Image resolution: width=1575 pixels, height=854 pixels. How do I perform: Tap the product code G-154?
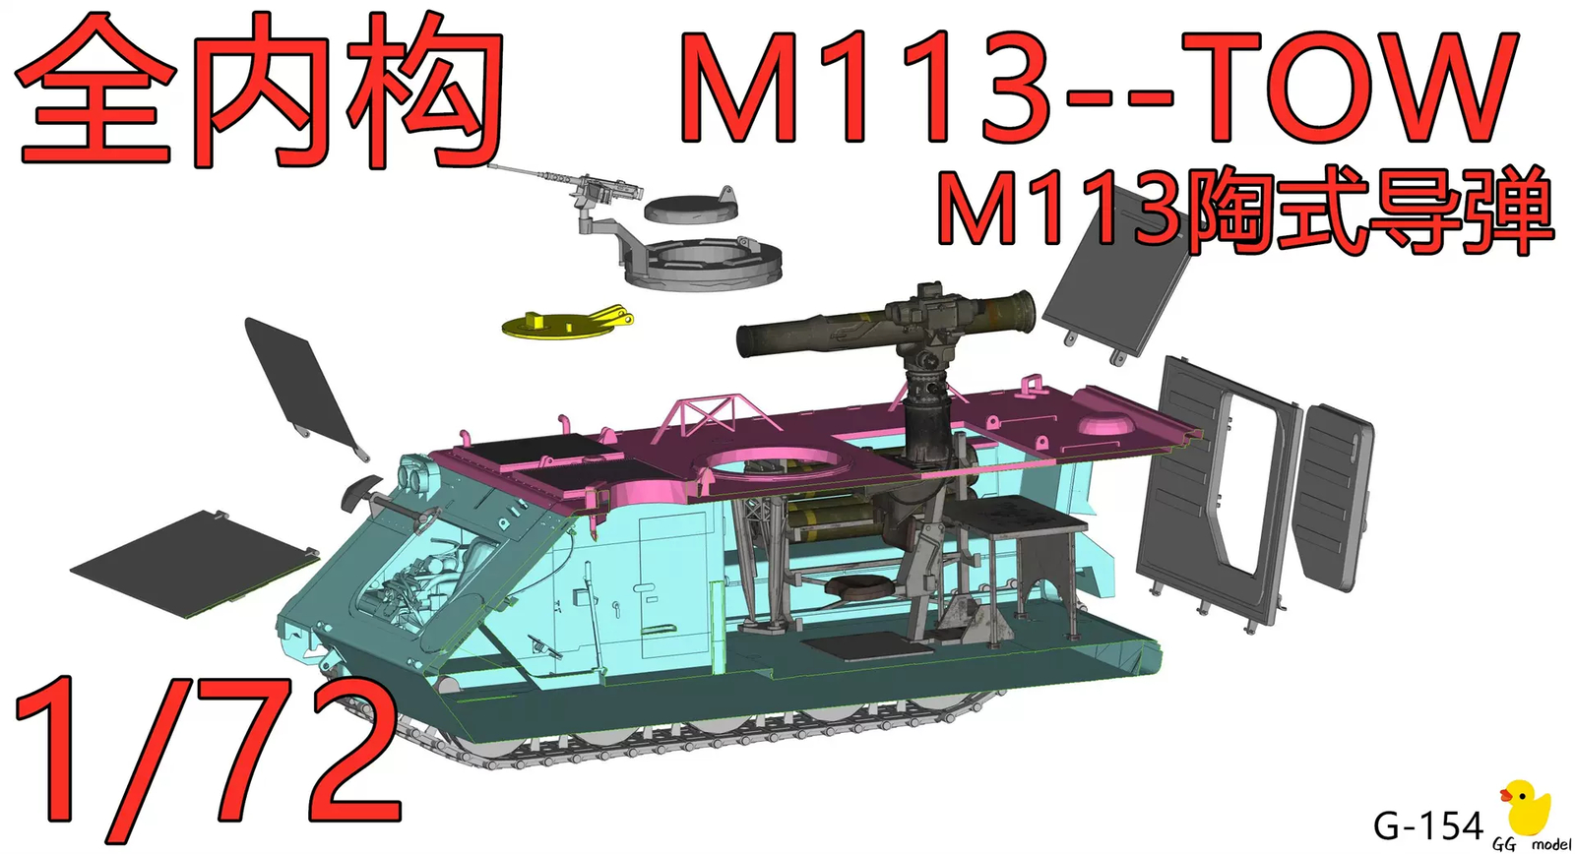coord(1427,825)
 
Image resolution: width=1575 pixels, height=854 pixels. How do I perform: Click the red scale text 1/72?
coord(207,753)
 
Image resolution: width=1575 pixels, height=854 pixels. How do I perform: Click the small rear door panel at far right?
coord(1334,497)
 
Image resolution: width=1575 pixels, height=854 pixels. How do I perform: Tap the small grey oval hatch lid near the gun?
coord(689,207)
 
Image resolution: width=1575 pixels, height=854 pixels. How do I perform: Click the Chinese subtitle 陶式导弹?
coord(1368,212)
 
